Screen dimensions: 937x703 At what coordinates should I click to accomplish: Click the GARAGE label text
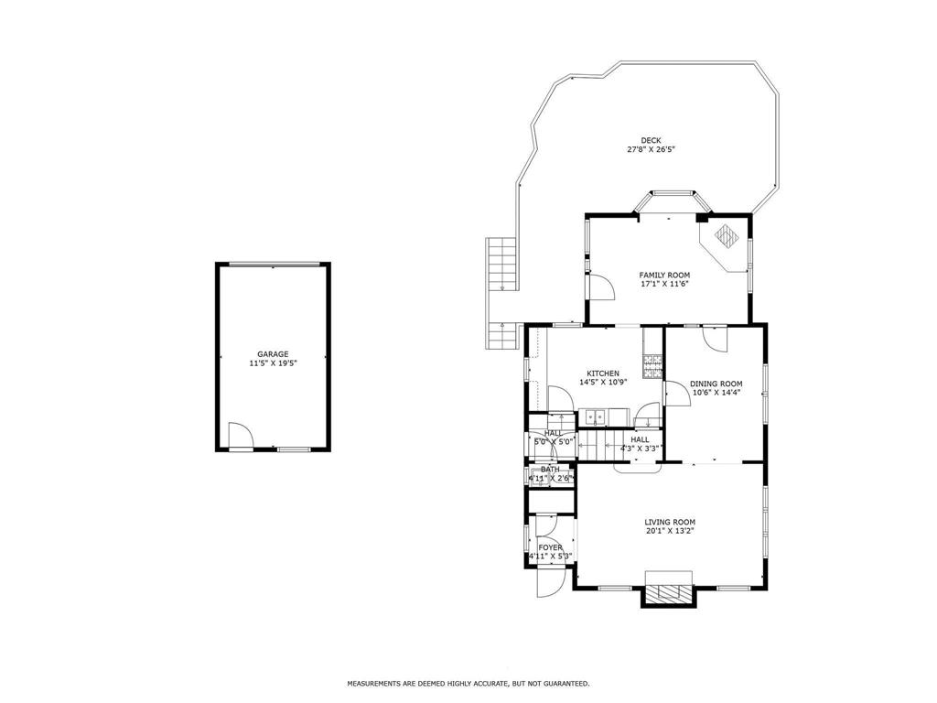[x=273, y=354]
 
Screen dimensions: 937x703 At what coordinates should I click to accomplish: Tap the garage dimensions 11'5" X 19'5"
[x=273, y=362]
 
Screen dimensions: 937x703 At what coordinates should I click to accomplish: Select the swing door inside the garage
[x=241, y=434]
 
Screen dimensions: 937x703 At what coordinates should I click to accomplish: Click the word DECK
[x=651, y=140]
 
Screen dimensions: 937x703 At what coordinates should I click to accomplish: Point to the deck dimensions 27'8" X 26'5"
[x=651, y=149]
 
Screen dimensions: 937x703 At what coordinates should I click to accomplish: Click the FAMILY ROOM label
[x=664, y=276]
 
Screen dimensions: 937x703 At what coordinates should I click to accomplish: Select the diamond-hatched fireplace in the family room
[x=726, y=235]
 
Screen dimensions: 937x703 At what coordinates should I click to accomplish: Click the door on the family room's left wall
[x=602, y=286]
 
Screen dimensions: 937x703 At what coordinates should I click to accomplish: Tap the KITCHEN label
[x=603, y=373]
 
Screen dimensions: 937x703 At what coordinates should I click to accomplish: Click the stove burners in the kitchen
[x=652, y=366]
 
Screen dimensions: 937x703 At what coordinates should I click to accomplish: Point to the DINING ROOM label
[x=716, y=384]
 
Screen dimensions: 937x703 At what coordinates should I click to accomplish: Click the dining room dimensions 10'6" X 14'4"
[x=716, y=393]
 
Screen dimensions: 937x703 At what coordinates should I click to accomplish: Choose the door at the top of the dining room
[x=715, y=340]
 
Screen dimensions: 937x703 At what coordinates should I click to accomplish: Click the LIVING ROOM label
[x=669, y=522]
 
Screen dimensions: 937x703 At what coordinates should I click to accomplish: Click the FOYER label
[x=550, y=547]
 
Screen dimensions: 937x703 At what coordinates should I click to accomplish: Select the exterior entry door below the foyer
[x=550, y=583]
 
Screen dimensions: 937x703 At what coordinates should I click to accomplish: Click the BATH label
[x=550, y=470]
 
